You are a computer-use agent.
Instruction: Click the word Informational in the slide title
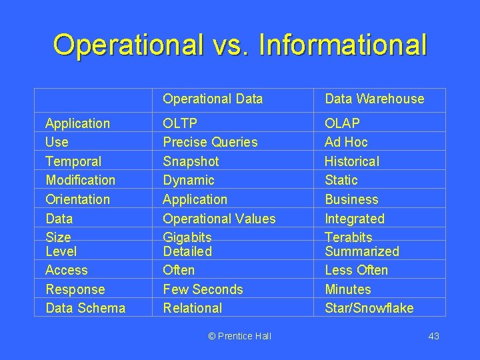pyautogui.click(x=342, y=45)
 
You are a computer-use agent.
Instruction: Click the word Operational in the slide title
pyautogui.click(x=128, y=45)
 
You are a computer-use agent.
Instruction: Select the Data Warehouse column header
pyautogui.click(x=374, y=99)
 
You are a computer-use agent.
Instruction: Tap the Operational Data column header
pyautogui.click(x=213, y=99)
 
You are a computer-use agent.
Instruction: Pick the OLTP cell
pyautogui.click(x=180, y=123)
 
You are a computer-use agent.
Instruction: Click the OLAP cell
pyautogui.click(x=342, y=123)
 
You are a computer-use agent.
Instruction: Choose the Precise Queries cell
pyautogui.click(x=210, y=142)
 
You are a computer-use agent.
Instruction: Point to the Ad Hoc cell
pyautogui.click(x=346, y=142)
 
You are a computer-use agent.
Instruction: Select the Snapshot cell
pyautogui.click(x=191, y=161)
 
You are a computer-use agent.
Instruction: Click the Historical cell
pyautogui.click(x=351, y=161)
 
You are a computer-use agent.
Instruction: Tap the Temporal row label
pyautogui.click(x=73, y=161)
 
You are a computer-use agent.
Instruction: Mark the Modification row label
pyautogui.click(x=80, y=180)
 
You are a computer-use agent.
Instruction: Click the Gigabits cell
pyautogui.click(x=187, y=237)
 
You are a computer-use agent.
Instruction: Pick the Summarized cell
pyautogui.click(x=361, y=251)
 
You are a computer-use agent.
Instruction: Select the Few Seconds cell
pyautogui.click(x=203, y=289)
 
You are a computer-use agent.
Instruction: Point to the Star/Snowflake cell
pyautogui.click(x=369, y=308)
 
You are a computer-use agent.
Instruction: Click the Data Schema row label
pyautogui.click(x=85, y=308)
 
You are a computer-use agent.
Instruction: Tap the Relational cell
pyautogui.click(x=192, y=308)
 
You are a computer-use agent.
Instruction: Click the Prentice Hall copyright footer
pyautogui.click(x=239, y=336)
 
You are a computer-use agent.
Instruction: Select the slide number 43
pyautogui.click(x=433, y=336)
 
